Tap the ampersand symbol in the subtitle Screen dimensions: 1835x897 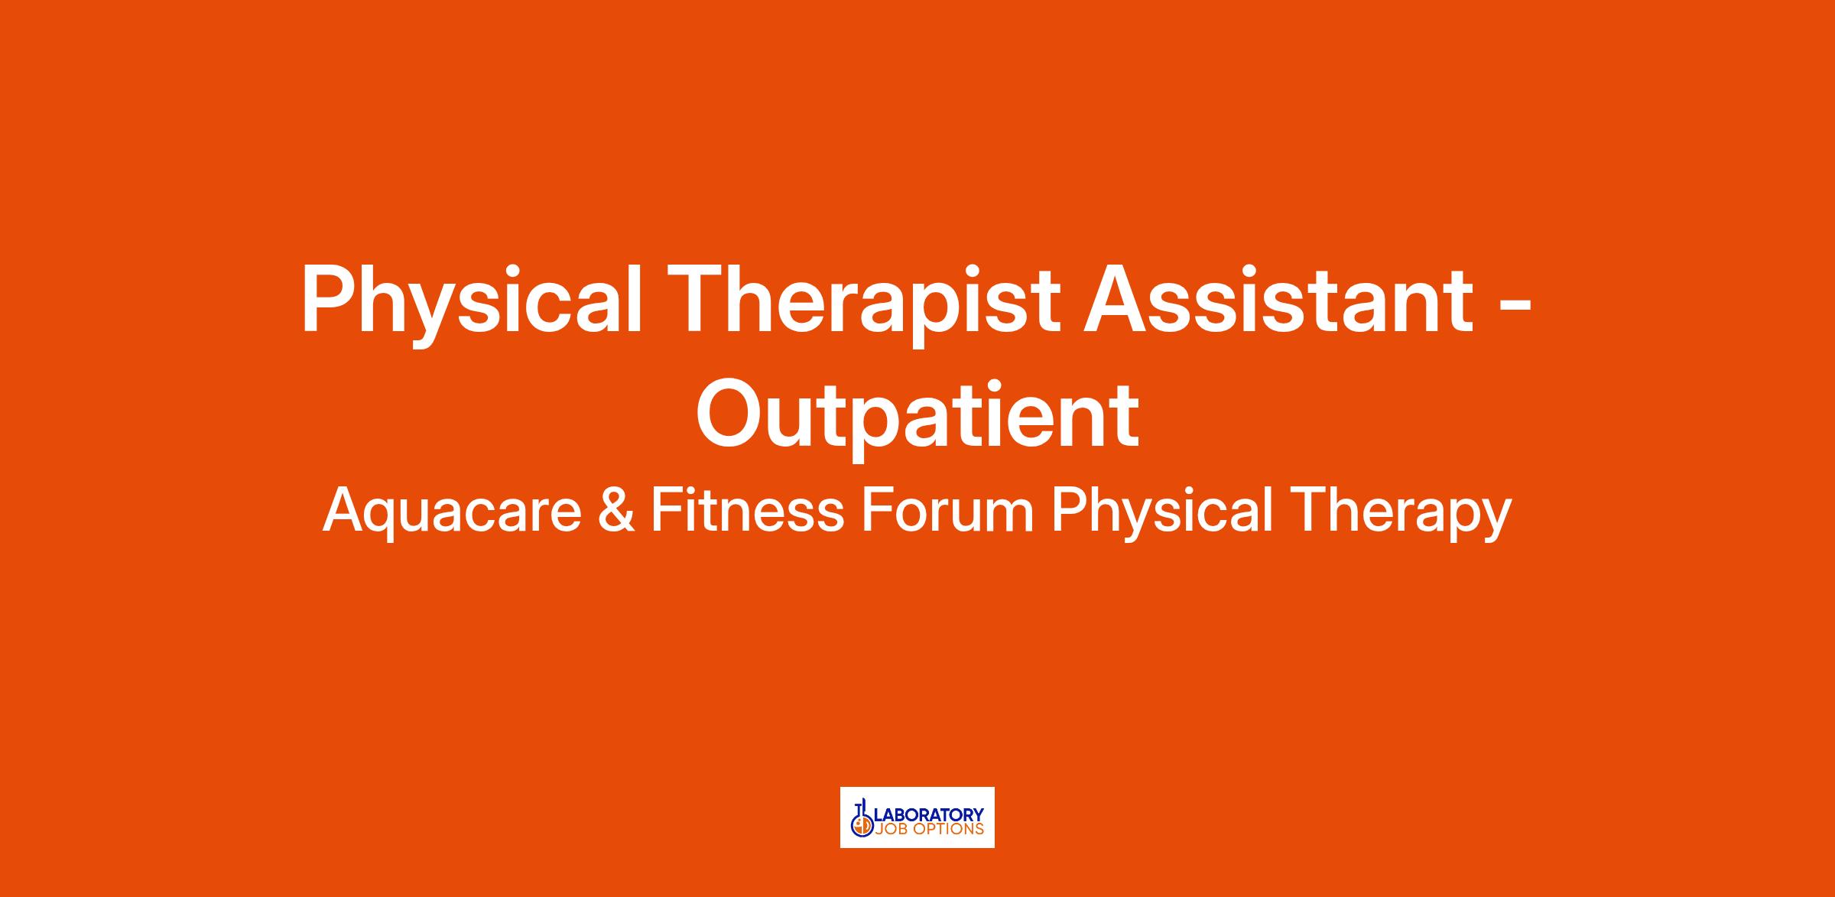616,510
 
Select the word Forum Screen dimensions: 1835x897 947,510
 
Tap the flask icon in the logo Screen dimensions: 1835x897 862,818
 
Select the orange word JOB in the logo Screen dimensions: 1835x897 892,829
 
